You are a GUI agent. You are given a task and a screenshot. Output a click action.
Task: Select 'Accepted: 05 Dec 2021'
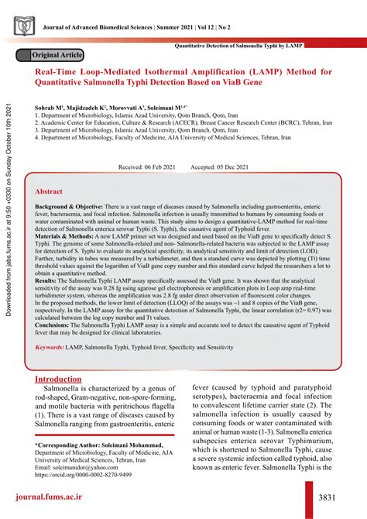click(x=219, y=167)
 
